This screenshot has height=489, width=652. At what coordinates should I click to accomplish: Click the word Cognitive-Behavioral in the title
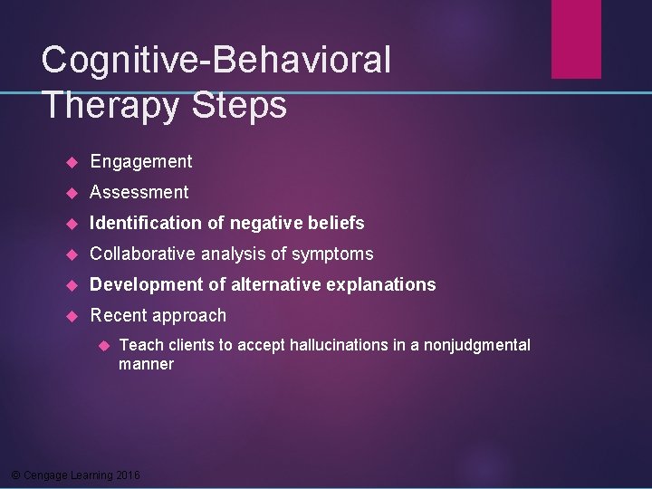coord(216,61)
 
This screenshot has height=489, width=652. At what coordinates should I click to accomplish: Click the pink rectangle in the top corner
coord(576,38)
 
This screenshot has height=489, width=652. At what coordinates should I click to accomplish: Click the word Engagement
coord(141,162)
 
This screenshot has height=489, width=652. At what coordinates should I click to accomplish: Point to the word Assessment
coord(139,193)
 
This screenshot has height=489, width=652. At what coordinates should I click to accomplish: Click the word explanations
coord(381,285)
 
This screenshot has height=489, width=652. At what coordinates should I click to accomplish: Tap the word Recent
coord(119,316)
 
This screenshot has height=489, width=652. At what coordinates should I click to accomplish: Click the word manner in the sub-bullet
coord(146,364)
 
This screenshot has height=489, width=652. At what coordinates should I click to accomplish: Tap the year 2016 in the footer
coord(129,475)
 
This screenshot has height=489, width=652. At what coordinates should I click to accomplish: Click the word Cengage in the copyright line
coord(43,475)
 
